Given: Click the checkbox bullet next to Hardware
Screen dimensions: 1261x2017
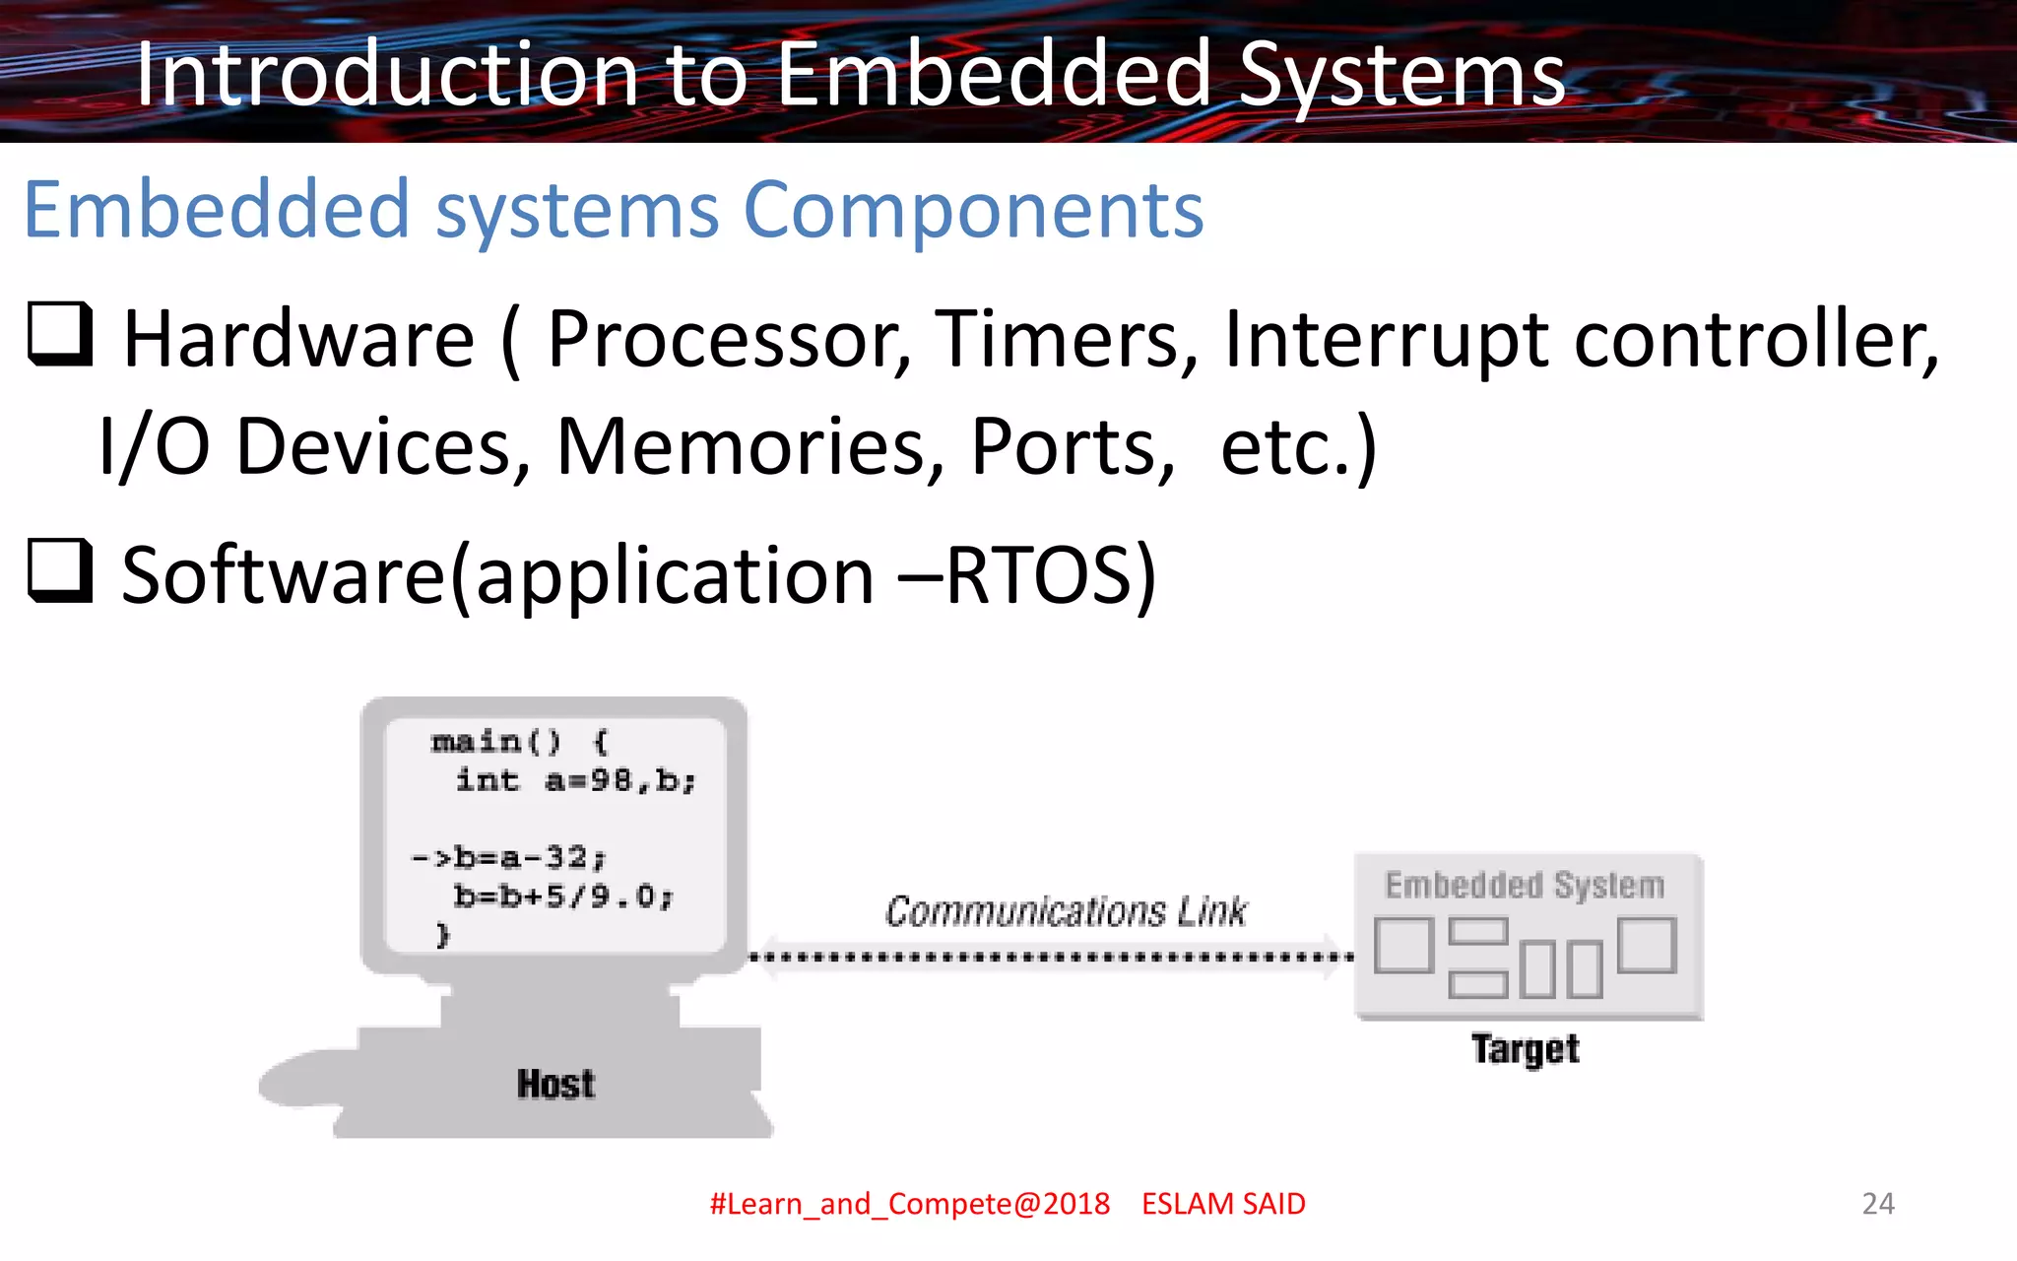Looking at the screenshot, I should click(x=60, y=334).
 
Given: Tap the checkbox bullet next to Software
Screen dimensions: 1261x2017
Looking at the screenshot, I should click(x=60, y=570).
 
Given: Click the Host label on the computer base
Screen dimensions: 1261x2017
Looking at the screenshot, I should click(x=556, y=1085).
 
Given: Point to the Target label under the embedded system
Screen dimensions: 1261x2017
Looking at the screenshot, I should click(x=1526, y=1049).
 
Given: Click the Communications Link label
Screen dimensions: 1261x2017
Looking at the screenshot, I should click(x=1066, y=911).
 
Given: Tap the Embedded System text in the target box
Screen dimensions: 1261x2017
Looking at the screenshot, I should click(x=1525, y=885).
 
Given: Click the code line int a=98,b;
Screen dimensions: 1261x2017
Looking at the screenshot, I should click(x=575, y=781).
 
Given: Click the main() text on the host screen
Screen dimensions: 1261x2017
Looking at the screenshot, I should click(x=496, y=741).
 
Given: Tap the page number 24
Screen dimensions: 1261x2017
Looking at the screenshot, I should click(x=1878, y=1203).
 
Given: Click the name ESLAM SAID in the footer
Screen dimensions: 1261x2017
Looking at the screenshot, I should click(x=1223, y=1204).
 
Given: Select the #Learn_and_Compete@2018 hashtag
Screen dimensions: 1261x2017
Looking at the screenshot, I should click(x=910, y=1204).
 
